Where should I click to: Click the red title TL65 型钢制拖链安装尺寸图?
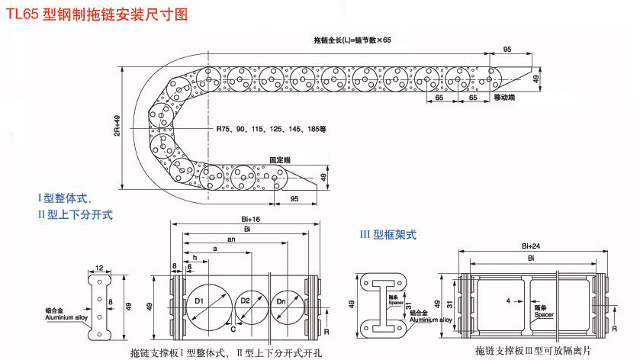coord(96,14)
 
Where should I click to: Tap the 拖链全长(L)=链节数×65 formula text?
coord(352,40)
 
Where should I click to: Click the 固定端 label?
coord(280,160)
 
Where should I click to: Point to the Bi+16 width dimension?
coord(246,219)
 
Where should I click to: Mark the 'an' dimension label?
coord(230,239)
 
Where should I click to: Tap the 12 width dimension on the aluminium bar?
coord(100,268)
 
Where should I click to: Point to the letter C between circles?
coord(232,329)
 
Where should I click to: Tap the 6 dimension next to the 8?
coord(189,267)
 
